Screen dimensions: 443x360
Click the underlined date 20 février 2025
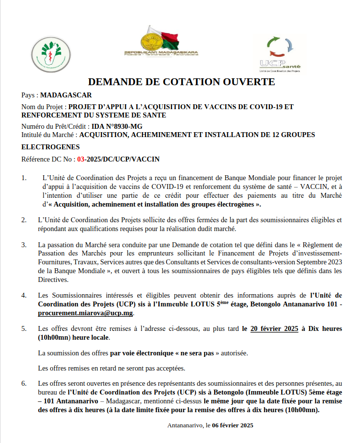(x=274, y=328)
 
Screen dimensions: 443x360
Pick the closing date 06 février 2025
(x=233, y=425)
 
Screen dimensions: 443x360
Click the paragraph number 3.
(x=24, y=244)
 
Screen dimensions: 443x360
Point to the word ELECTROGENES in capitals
(x=50, y=146)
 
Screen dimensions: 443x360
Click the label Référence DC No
(x=48, y=159)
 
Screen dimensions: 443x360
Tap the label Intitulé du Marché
(x=49, y=134)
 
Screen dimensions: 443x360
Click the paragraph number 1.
(x=24, y=178)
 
